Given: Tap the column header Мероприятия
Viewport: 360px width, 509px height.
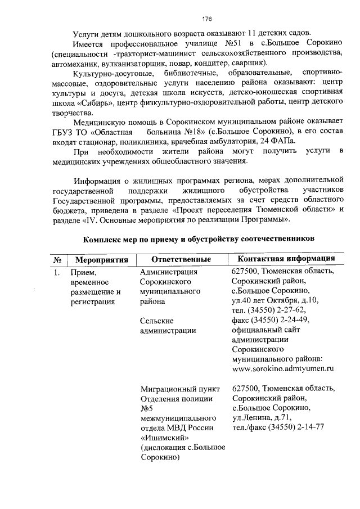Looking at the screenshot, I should [98, 260].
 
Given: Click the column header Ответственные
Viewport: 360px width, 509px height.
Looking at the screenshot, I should [181, 260].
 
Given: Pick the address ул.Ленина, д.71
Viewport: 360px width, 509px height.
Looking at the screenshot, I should [261, 417].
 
